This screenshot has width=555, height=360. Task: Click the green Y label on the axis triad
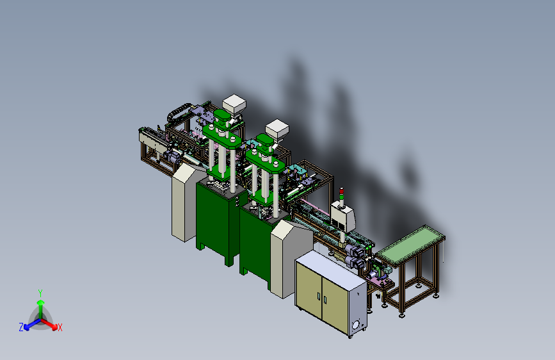(x=40, y=293)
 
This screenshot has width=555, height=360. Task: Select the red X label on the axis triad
(x=60, y=327)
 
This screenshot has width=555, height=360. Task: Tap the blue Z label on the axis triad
(x=21, y=327)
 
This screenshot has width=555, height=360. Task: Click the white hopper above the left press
(x=234, y=104)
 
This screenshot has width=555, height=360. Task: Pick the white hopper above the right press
(x=277, y=129)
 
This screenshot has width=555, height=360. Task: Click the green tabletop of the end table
(x=410, y=245)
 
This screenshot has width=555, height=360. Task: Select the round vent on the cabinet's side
(x=356, y=324)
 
